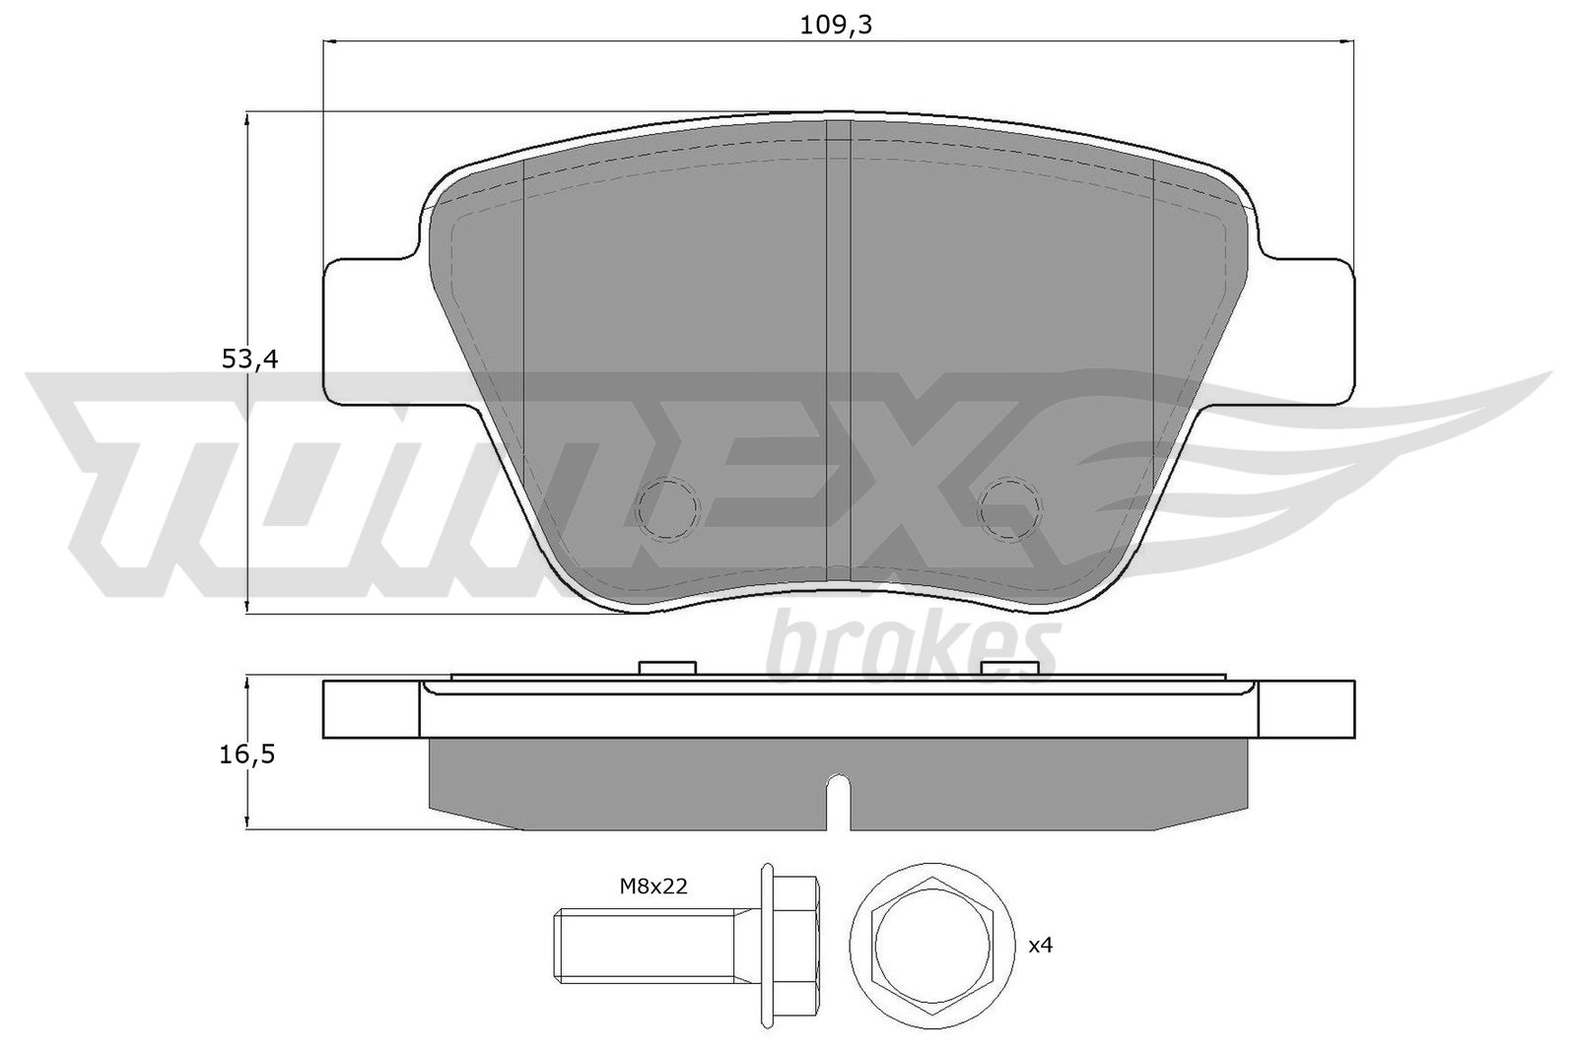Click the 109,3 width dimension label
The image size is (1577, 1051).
836,26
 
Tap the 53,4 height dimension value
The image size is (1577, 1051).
250,360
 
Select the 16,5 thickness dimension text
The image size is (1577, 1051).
247,755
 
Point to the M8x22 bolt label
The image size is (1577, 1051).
653,887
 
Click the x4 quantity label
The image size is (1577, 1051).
1041,946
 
